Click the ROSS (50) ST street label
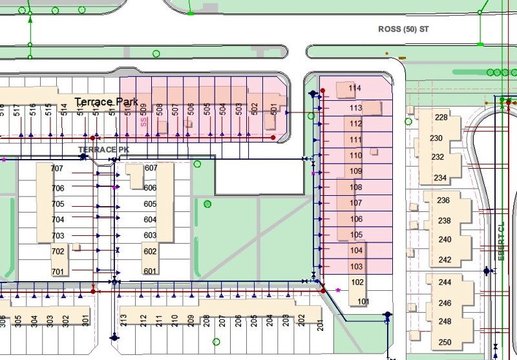(403, 30)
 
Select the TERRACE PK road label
(98, 149)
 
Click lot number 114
(355, 88)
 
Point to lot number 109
(355, 171)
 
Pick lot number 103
(356, 266)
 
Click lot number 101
(363, 301)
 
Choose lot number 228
(442, 118)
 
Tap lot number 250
(445, 343)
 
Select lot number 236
(444, 200)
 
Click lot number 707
(58, 169)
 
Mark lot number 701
(58, 271)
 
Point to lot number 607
(151, 168)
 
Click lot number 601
(150, 271)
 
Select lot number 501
(274, 111)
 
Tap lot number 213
(123, 319)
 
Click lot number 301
(84, 319)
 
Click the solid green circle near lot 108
(207, 204)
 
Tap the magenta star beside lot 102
(337, 290)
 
